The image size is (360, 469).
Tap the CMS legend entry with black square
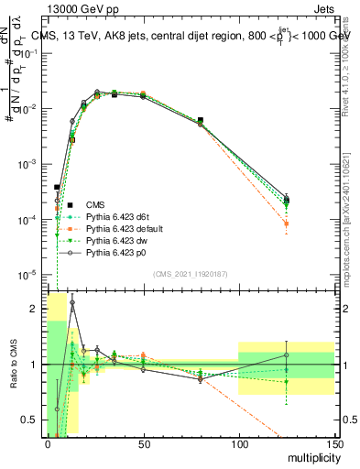95,203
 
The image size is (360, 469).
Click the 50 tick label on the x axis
143,444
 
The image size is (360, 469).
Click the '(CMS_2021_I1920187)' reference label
191,274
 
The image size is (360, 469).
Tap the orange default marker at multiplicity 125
287,224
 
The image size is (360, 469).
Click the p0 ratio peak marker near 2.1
72,302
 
